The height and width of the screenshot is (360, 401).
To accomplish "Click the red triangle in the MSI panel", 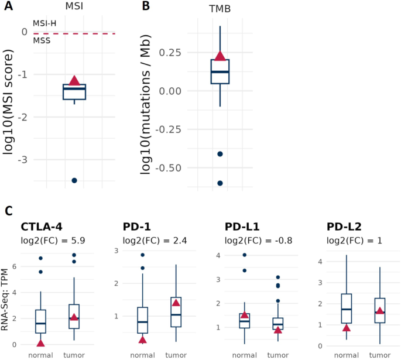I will point(74,80).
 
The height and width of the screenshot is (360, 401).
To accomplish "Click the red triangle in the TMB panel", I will point(220,56).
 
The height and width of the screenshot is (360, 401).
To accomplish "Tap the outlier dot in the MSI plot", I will point(74,180).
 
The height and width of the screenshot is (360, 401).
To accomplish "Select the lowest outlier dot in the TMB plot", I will point(220,183).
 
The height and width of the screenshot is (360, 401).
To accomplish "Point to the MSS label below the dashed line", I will point(42,40).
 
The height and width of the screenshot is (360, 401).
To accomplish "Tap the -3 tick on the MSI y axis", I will point(23,160).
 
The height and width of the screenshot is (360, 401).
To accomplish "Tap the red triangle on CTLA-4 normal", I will point(40,343).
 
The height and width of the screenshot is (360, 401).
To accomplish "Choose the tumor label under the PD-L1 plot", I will point(278,354).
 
